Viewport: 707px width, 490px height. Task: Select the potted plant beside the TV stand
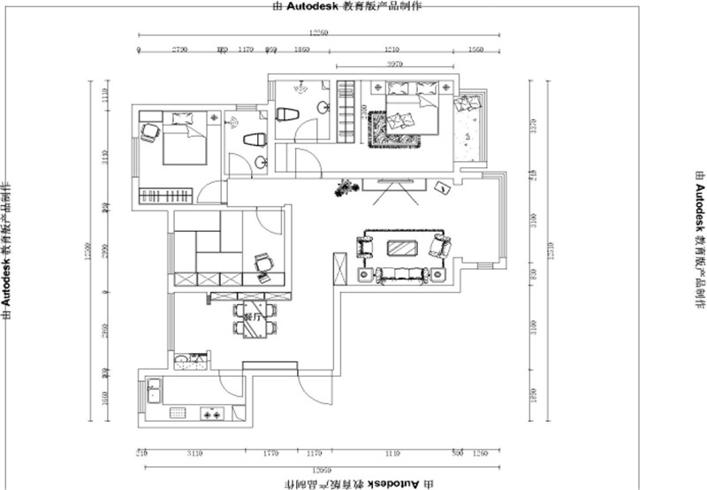pos(345,188)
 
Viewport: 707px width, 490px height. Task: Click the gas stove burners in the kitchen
pos(212,413)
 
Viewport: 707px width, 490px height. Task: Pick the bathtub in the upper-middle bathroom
pos(287,115)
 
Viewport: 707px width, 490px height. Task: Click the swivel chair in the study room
pos(262,264)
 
